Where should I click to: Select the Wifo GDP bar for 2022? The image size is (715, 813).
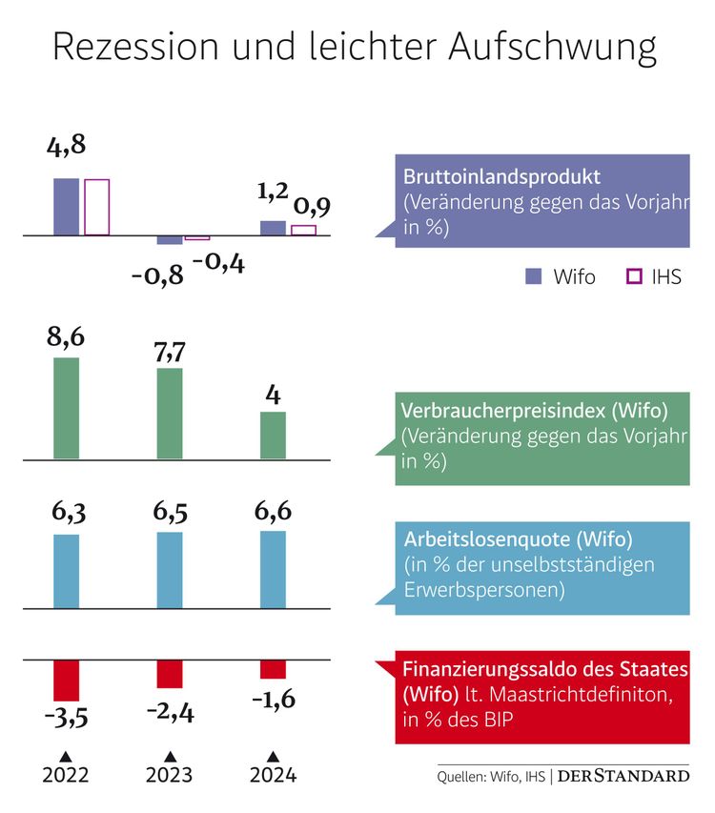pos(66,206)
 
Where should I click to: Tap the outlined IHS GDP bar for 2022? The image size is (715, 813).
pos(97,207)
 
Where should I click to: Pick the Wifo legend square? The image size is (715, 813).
pos(534,276)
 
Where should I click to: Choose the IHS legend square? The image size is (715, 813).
pos(632,276)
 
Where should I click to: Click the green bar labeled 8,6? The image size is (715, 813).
pos(66,408)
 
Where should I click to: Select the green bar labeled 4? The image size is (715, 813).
pos(273,435)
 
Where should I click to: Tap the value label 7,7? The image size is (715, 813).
pos(169,351)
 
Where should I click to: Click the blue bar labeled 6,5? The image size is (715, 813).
pos(169,569)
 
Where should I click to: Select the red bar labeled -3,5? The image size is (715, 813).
pos(66,681)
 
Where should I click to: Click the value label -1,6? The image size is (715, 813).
pos(274,701)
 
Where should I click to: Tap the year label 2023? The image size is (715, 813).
pos(169,775)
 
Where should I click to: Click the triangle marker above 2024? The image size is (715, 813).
pos(273,755)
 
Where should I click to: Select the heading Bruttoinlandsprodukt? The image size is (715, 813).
pos(501,177)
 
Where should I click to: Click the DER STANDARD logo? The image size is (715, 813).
pos(623,776)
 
